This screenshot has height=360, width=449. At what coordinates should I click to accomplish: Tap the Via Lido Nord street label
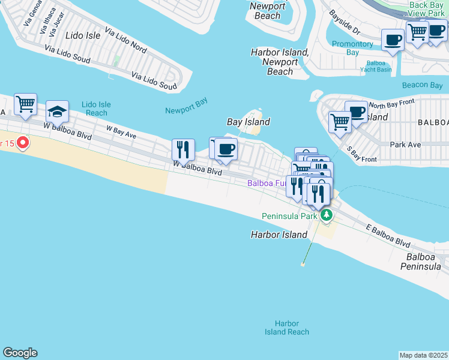pyautogui.click(x=125, y=39)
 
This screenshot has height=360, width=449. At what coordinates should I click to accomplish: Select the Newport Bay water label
pyautogui.click(x=186, y=106)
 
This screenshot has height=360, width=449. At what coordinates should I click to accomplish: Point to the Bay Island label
pyautogui.click(x=248, y=122)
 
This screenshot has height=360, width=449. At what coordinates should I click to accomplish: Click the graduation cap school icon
pyautogui.click(x=57, y=112)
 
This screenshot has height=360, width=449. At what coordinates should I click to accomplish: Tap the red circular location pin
pyautogui.click(x=23, y=143)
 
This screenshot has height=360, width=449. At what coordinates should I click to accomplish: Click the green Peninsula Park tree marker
pyautogui.click(x=326, y=215)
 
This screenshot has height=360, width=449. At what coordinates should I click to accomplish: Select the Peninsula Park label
pyautogui.click(x=288, y=216)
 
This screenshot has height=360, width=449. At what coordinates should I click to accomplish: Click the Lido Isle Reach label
pyautogui.click(x=97, y=109)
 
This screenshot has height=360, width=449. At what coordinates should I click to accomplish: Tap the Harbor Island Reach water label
pyautogui.click(x=288, y=328)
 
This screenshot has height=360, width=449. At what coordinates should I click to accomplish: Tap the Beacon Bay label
pyautogui.click(x=422, y=86)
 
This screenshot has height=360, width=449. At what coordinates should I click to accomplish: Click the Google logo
pyautogui.click(x=20, y=353)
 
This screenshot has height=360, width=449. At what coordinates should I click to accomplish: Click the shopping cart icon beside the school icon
pyautogui.click(x=25, y=104)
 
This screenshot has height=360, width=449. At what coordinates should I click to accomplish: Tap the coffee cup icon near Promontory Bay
pyautogui.click(x=393, y=40)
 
